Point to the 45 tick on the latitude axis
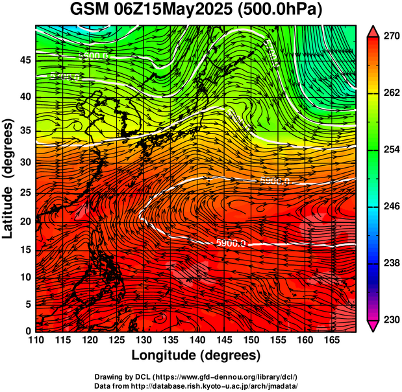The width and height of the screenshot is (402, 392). click(25, 60)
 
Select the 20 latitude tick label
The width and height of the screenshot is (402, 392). click(25, 222)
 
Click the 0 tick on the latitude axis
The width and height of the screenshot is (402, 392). click(28, 331)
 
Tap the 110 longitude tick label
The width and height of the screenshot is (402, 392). click(36, 340)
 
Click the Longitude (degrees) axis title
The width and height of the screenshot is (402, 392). click(196, 355)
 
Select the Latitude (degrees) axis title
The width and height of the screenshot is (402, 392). click(10, 178)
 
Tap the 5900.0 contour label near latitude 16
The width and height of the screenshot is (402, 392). click(231, 243)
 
